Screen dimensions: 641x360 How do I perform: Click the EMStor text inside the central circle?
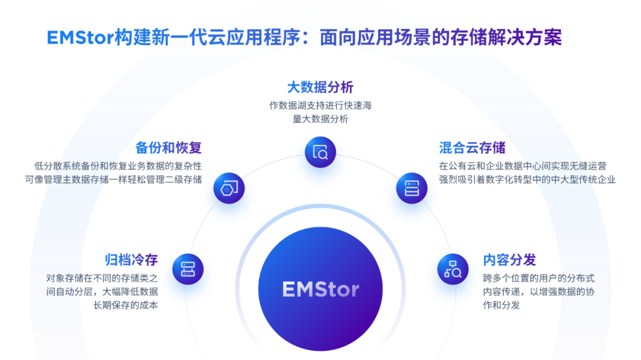(x=320, y=289)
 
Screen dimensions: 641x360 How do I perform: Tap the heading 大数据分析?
(x=320, y=87)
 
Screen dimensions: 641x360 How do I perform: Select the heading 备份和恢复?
(x=169, y=148)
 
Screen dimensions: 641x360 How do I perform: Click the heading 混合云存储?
(x=472, y=148)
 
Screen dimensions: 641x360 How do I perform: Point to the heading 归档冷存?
(x=131, y=260)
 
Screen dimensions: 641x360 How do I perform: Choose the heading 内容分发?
(x=509, y=260)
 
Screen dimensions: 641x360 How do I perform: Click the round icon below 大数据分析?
(x=320, y=152)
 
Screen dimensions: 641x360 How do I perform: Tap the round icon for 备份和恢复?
(x=229, y=188)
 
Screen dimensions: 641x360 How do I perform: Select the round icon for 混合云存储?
(x=412, y=188)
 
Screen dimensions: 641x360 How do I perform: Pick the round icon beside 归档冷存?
(x=188, y=269)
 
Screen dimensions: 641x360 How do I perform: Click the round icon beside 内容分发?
(x=453, y=269)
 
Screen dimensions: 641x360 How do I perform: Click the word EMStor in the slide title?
(x=80, y=37)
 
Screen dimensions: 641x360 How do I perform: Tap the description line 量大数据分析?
(x=320, y=119)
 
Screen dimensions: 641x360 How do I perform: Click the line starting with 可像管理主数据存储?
(x=113, y=179)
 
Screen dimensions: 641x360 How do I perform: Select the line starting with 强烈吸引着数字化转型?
(x=528, y=179)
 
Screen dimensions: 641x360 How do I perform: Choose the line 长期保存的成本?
(x=125, y=305)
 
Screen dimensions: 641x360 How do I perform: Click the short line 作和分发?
(x=501, y=305)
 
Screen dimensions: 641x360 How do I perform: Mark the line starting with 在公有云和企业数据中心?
(x=523, y=166)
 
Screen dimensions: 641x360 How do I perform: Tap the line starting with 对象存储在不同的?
(x=102, y=278)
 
